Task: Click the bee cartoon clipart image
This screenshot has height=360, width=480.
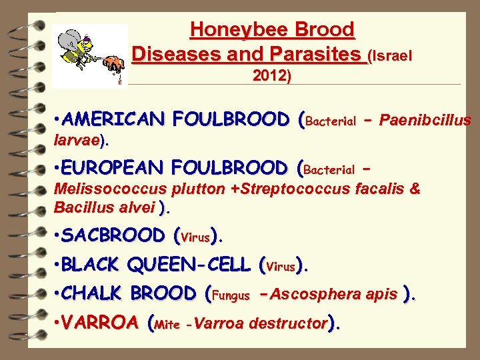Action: click(89, 56)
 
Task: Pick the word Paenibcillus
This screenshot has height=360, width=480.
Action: click(427, 121)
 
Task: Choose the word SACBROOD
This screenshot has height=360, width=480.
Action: click(114, 235)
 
